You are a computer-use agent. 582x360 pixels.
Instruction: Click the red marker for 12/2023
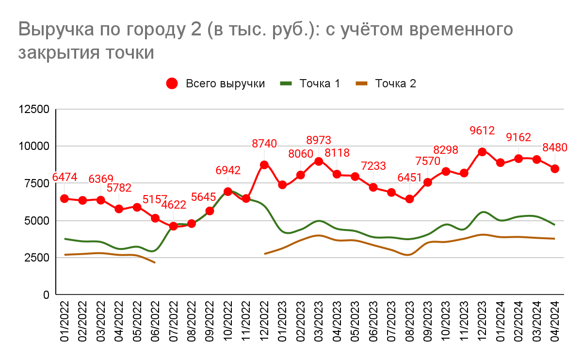click(482, 152)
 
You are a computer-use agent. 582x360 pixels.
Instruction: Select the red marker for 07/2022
click(173, 226)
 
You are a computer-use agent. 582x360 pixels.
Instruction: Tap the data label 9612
click(482, 131)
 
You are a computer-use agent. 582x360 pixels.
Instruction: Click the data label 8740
click(264, 144)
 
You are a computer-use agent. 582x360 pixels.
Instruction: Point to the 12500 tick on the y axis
click(33, 110)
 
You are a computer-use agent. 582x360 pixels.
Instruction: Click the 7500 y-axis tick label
click(37, 183)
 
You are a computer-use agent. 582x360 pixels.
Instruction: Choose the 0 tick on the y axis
click(47, 295)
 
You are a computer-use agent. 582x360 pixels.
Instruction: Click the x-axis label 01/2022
click(65, 322)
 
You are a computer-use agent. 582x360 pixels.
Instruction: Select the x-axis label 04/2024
click(555, 322)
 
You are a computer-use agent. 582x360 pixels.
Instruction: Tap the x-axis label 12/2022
click(264, 322)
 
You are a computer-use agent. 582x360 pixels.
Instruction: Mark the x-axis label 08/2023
click(409, 322)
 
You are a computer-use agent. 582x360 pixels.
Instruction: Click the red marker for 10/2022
click(228, 192)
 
